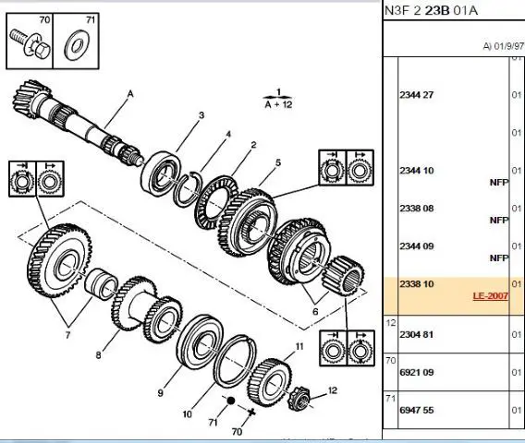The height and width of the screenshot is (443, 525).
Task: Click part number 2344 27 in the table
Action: coord(416,95)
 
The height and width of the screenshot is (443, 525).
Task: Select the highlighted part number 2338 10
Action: coord(416,284)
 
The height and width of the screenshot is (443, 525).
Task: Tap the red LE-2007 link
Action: coord(491,296)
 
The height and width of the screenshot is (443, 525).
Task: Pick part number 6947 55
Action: coord(416,410)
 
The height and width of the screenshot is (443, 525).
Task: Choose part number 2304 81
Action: coord(416,335)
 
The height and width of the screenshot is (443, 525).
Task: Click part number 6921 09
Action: coord(416,373)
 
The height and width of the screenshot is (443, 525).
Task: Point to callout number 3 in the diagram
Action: coord(201,115)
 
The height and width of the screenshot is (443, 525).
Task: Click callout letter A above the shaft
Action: coord(130,94)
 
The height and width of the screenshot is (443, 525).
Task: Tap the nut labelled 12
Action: coord(299,398)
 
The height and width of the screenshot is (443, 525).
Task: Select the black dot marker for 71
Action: coord(231,401)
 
